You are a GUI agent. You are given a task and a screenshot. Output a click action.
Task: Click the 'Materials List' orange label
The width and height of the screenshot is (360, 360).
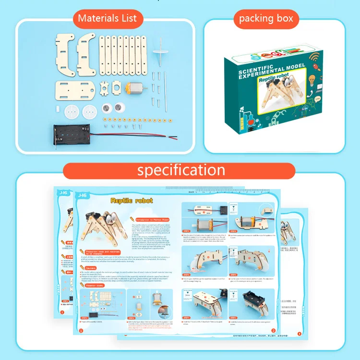pyautogui.click(x=107, y=19)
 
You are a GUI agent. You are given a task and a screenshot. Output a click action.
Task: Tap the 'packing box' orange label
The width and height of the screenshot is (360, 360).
pyautogui.click(x=266, y=19)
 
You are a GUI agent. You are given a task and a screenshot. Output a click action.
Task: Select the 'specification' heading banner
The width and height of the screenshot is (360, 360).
pyautogui.click(x=181, y=170)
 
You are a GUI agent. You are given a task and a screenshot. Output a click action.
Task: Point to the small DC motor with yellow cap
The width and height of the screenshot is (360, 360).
pyautogui.click(x=135, y=88)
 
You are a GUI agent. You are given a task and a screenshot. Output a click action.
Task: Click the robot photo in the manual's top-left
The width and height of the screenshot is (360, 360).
pyautogui.click(x=102, y=228)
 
